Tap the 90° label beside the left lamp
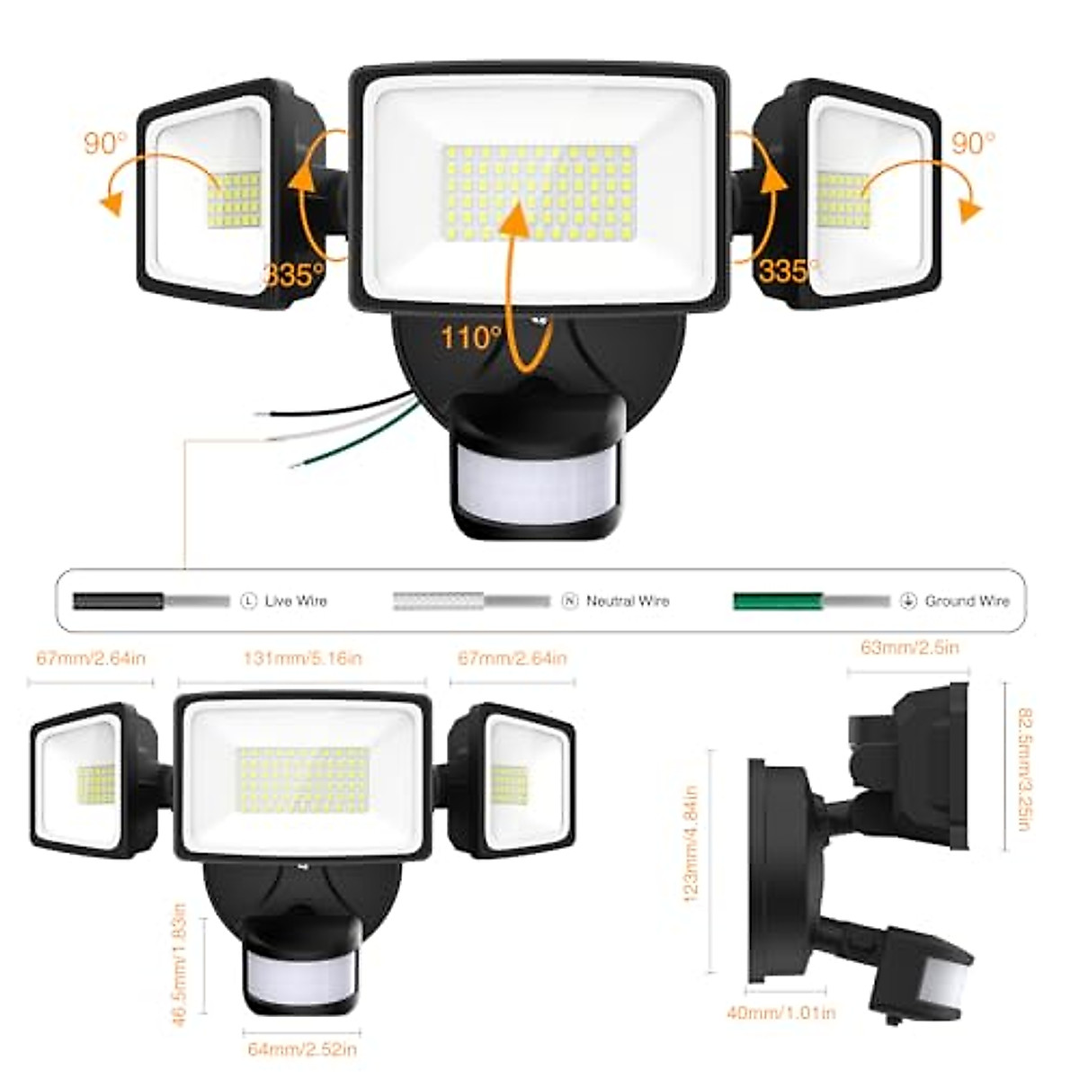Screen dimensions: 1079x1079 [x=106, y=143]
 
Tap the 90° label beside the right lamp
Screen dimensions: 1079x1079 [x=973, y=143]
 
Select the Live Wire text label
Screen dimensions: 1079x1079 [x=296, y=601]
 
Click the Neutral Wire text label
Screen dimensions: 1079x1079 [x=628, y=601]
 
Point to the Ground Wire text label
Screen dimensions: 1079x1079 [x=968, y=601]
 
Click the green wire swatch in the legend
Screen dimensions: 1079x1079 [x=779, y=602]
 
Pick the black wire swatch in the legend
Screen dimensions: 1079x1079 [x=118, y=602]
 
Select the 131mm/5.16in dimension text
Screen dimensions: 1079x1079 [x=302, y=658]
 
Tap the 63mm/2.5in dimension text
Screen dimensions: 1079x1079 [x=909, y=647]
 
